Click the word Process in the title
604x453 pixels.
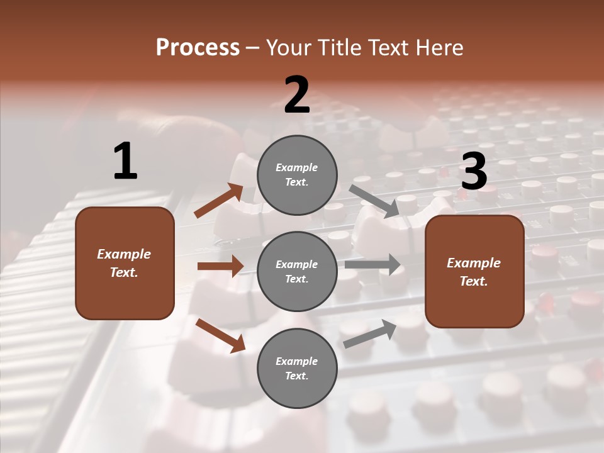tap(198, 48)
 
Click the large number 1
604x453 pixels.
tap(125, 162)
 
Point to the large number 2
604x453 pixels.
tap(297, 96)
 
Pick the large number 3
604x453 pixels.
tap(474, 172)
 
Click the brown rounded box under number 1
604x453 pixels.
tap(125, 263)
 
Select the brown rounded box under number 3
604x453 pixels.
tap(474, 271)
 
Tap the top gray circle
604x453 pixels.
tap(297, 175)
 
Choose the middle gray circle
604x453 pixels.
tap(297, 271)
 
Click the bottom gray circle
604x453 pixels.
tap(297, 368)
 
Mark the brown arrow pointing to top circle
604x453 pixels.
tap(219, 201)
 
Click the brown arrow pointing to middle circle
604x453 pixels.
tap(220, 266)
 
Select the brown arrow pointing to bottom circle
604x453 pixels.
tap(220, 335)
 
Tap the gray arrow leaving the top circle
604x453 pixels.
tap(374, 201)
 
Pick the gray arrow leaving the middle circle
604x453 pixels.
tap(373, 264)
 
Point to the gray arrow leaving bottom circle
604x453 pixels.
tap(370, 333)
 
